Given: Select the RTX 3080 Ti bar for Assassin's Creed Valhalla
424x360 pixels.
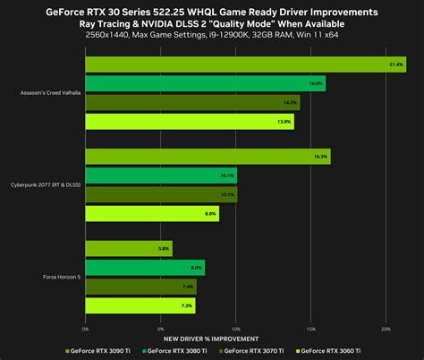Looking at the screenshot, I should [205, 83].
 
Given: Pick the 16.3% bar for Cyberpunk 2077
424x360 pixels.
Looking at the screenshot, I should [208, 156].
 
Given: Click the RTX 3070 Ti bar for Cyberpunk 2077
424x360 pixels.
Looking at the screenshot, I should [161, 194].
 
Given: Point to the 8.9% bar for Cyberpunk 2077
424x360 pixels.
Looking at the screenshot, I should [152, 213].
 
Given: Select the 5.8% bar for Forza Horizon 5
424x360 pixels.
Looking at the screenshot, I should [129, 248].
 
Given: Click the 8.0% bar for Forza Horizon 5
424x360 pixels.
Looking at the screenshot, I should [145, 267].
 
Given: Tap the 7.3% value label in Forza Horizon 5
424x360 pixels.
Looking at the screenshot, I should [186, 306].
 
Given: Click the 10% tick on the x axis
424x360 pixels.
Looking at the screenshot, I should [236, 329].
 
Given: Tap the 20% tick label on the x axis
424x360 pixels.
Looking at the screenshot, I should [386, 329].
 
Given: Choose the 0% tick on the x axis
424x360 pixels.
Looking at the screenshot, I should [86, 329].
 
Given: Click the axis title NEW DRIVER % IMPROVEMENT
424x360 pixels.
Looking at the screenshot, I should [211, 339].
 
